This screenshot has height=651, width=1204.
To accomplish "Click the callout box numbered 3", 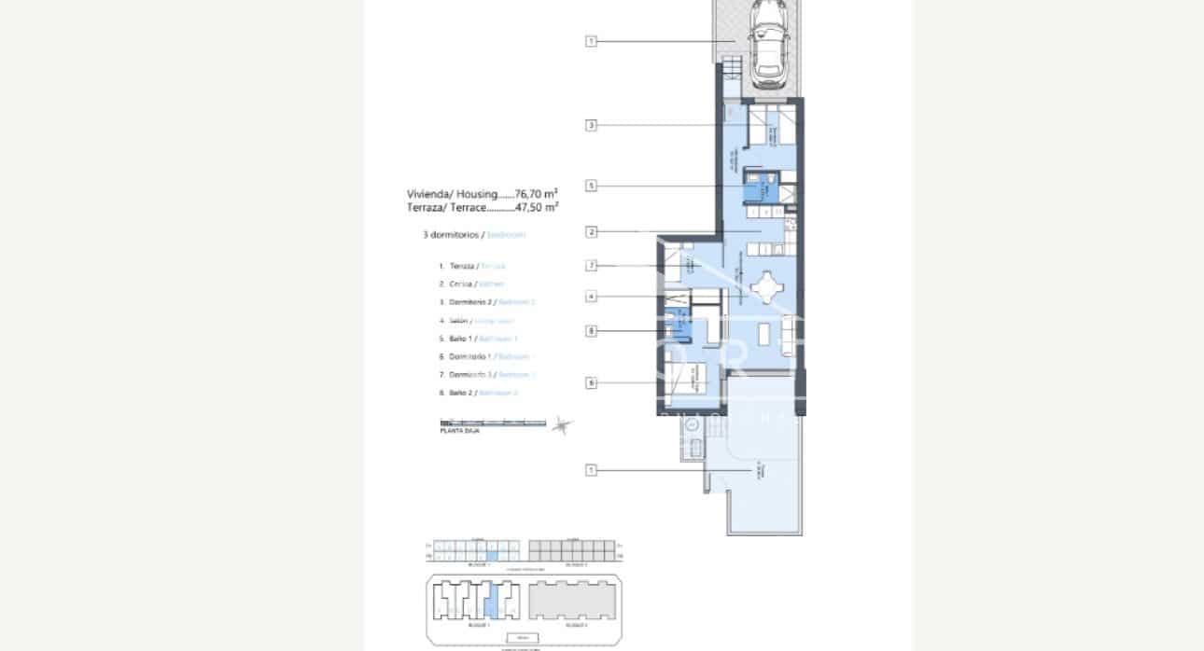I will click(591, 125).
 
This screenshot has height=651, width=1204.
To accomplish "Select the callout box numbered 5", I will click(591, 186).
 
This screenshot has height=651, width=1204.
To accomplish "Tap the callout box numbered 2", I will click(591, 231).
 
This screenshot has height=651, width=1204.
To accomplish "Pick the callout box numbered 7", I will click(591, 266).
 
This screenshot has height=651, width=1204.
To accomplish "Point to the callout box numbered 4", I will click(591, 298).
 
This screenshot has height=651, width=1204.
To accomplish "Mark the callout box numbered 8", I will click(591, 330).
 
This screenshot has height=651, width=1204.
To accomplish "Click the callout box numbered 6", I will click(591, 382).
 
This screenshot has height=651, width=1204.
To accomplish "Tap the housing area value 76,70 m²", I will click(536, 194).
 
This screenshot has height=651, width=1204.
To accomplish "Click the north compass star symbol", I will click(560, 425).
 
